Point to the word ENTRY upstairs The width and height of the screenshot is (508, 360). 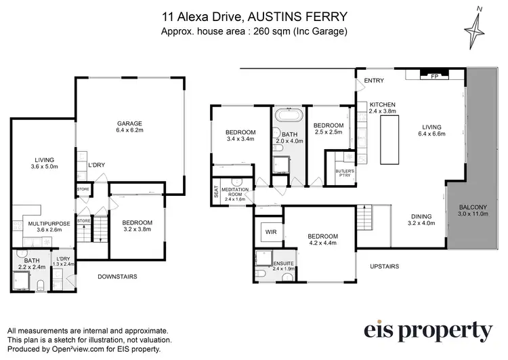pyautogui.click(x=374, y=81)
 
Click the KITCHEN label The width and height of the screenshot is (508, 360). pyautogui.click(x=381, y=104)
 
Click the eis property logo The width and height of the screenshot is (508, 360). pyautogui.click(x=427, y=330)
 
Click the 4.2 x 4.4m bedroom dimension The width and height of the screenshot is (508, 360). pyautogui.click(x=323, y=244)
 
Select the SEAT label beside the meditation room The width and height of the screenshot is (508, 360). pyautogui.click(x=216, y=192)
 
